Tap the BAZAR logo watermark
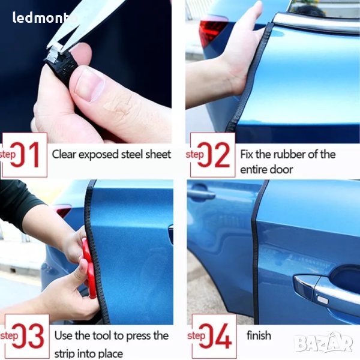[323, 342]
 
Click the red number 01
[25, 155]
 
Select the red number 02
[213, 155]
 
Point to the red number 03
[28, 336]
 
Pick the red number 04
[215, 336]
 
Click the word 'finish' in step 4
[259, 335]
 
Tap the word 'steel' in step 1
[132, 154]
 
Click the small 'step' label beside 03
[9, 336]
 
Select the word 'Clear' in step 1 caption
[64, 154]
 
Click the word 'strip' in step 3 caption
[65, 353]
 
